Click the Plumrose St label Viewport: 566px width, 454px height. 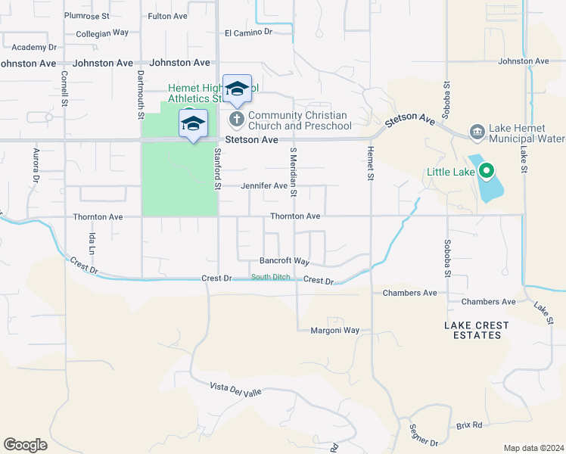pos(87,15)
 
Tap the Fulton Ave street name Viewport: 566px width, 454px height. pos(167,15)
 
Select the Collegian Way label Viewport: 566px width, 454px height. pos(102,33)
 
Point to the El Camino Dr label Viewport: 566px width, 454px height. pos(248,33)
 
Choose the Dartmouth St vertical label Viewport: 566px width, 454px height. pos(141,95)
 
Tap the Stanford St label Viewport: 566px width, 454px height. pos(217,169)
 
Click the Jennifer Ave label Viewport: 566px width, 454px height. pos(264,185)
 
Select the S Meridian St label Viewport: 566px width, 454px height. pos(293,172)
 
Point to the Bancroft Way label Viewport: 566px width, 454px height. pos(285,261)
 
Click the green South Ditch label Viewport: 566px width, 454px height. pos(271,278)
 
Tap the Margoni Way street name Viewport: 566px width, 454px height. pos(334,331)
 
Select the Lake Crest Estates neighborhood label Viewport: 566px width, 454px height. pos(476,330)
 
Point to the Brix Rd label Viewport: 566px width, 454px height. pos(469,425)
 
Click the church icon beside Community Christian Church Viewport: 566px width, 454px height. pos(237,120)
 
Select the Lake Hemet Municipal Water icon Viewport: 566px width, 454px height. pos(477,132)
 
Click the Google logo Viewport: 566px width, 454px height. pos(25,445)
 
